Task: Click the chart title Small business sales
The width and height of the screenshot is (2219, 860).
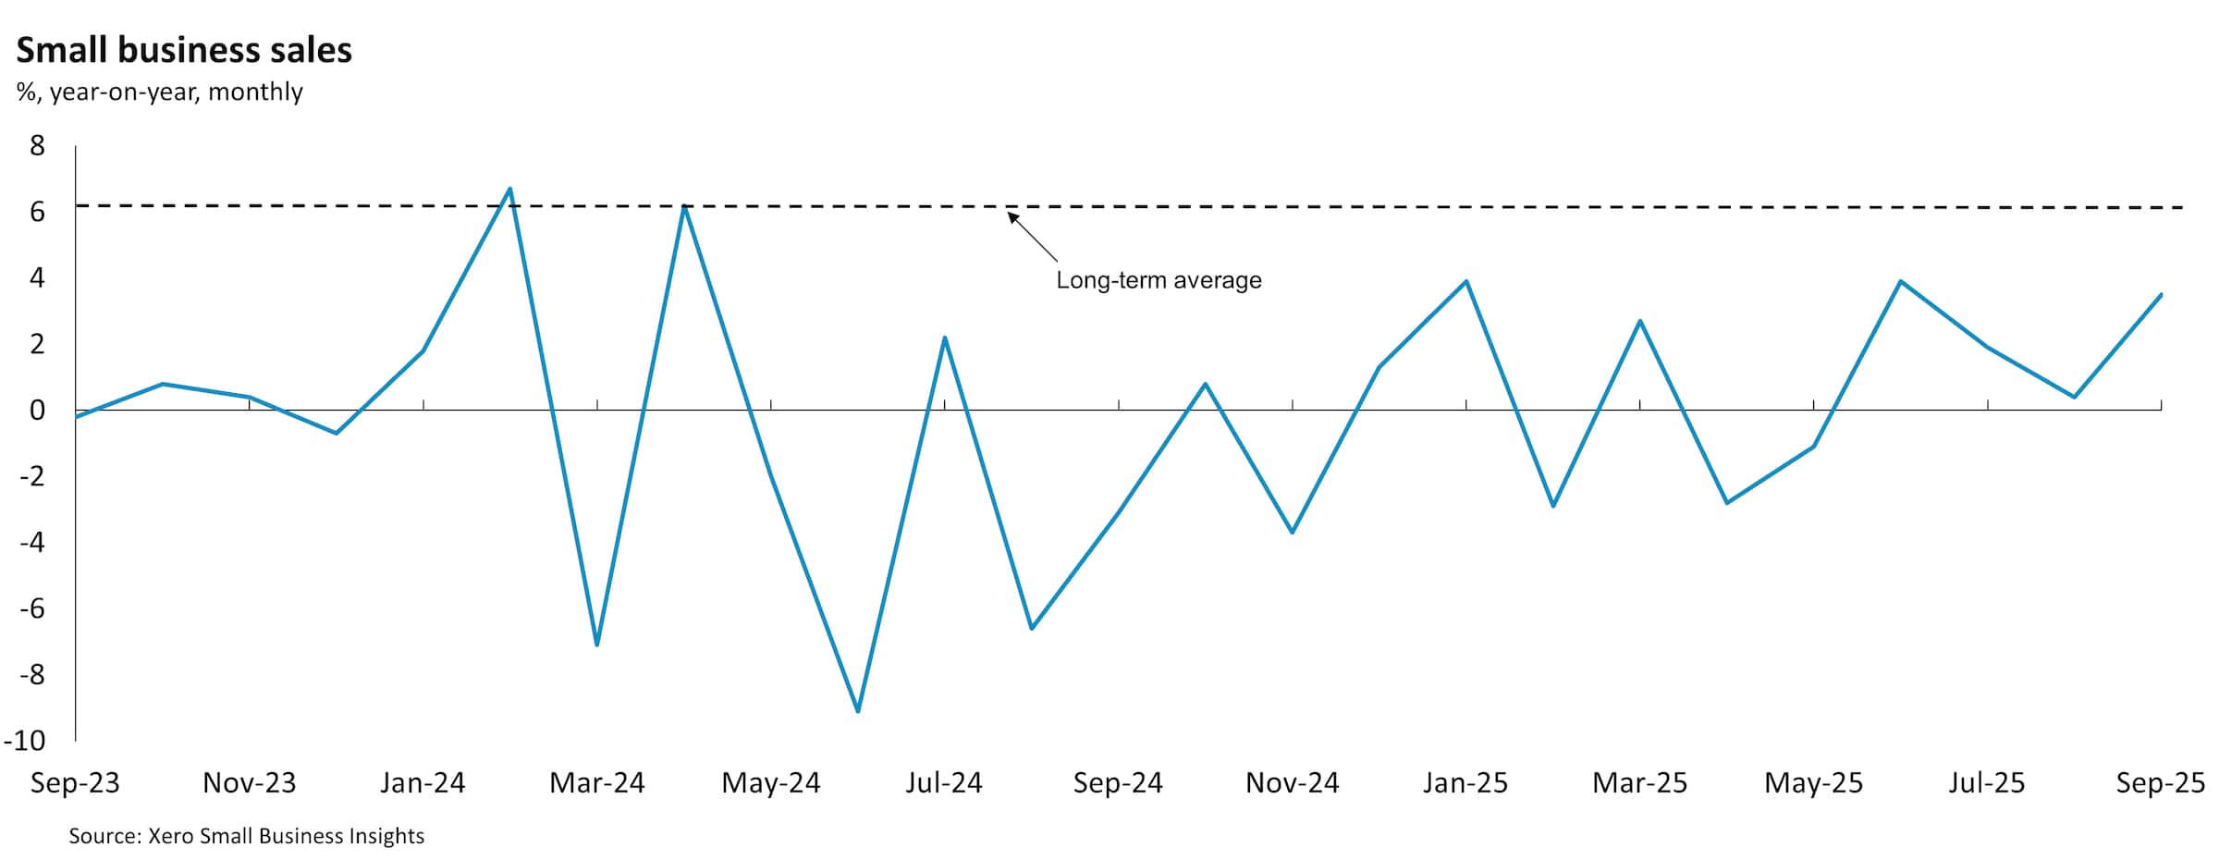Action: click(x=184, y=50)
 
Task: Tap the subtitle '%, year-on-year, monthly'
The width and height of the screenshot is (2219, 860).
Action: click(x=159, y=92)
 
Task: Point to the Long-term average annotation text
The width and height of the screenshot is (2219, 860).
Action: click(x=1159, y=280)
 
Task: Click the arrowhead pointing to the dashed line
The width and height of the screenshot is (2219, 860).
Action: click(x=1012, y=217)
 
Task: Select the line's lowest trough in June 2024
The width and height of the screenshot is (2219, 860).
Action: click(x=858, y=711)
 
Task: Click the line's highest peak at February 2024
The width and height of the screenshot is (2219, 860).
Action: click(x=510, y=189)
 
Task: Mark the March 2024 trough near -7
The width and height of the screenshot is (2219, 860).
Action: click(x=597, y=645)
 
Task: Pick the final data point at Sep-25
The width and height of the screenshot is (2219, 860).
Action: click(x=2161, y=295)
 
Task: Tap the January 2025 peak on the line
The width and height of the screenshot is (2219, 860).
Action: click(x=1466, y=281)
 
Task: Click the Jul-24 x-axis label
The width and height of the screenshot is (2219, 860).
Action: click(x=944, y=783)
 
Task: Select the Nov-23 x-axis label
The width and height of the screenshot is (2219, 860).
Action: click(x=249, y=783)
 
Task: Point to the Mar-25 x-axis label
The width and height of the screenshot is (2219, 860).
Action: click(x=1639, y=783)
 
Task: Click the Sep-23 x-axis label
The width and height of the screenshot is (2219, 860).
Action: click(x=75, y=783)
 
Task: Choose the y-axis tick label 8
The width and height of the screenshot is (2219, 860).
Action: click(x=37, y=145)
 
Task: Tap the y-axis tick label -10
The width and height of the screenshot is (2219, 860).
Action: click(x=25, y=740)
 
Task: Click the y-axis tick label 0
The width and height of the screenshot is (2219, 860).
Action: click(x=37, y=410)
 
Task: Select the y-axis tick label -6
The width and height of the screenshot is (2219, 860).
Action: click(x=31, y=608)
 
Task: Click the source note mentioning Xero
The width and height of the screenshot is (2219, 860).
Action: click(x=246, y=836)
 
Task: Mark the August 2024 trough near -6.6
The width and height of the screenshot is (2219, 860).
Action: click(x=1032, y=629)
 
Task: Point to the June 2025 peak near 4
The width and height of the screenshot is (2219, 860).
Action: click(x=1900, y=281)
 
